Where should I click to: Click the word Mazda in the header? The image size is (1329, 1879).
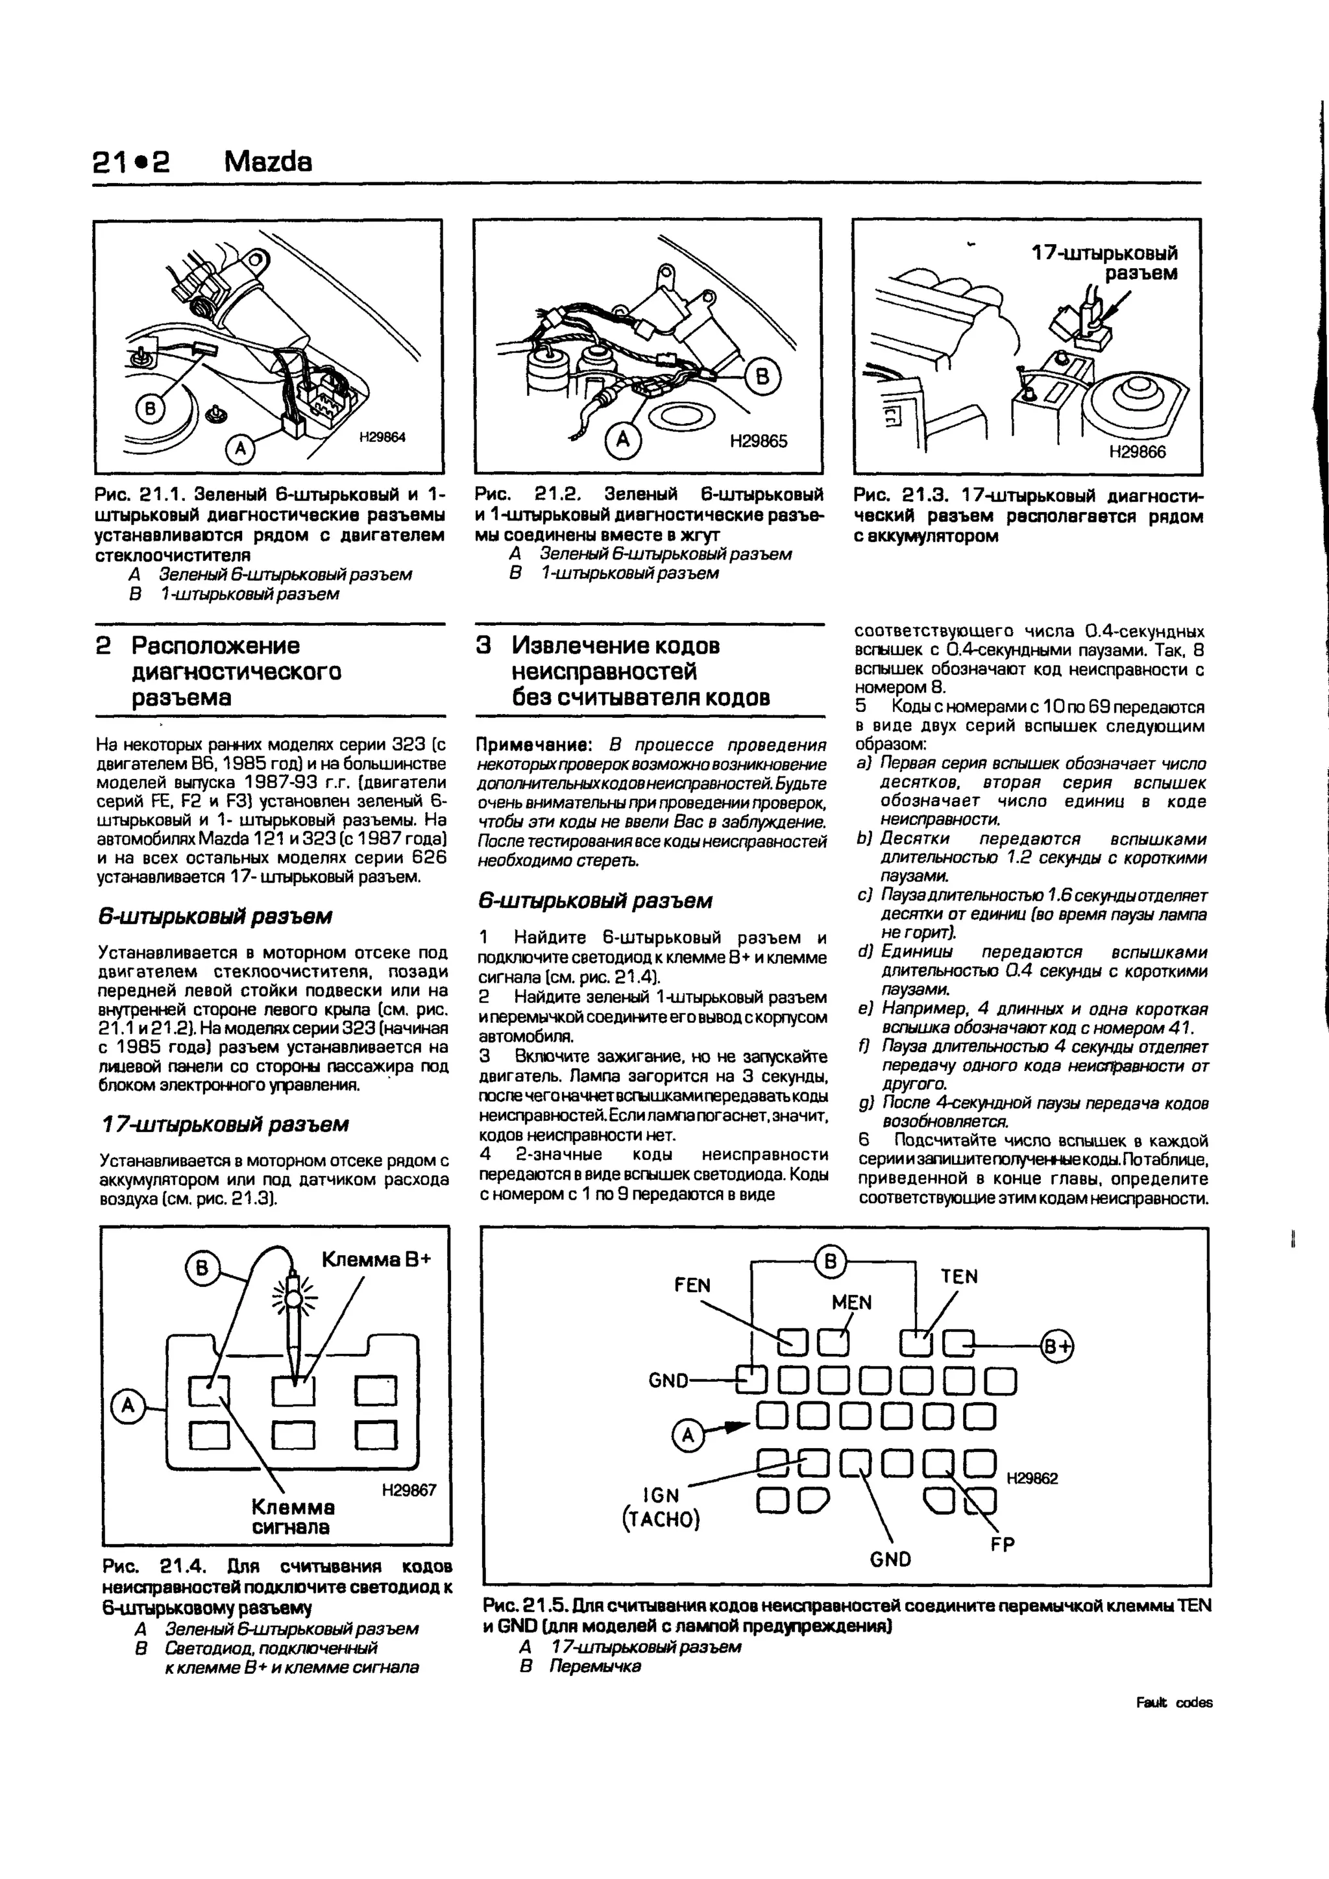tap(267, 162)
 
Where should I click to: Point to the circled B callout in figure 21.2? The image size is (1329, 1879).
tap(762, 377)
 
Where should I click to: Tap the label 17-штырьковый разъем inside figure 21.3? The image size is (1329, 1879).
tap(1104, 262)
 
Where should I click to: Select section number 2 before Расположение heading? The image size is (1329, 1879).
tap(104, 646)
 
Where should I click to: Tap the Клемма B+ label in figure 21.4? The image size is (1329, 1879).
tap(375, 1260)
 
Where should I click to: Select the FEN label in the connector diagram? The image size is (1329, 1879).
tap(692, 1285)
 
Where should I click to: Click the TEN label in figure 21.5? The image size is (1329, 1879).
tap(959, 1277)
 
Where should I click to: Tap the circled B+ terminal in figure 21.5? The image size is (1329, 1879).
tap(1056, 1345)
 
